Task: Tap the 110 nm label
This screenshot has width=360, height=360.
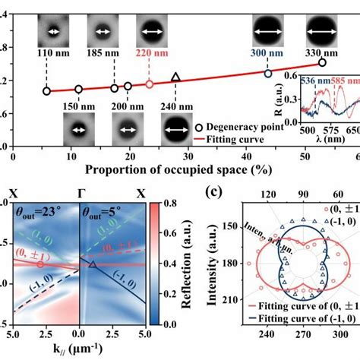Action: point(47,55)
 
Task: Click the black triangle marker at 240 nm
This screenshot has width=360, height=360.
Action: point(176,77)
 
